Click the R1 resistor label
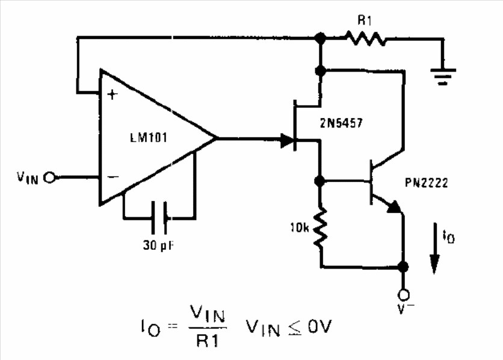(365, 20)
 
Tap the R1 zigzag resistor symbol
(366, 39)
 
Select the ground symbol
(443, 76)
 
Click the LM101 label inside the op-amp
(149, 138)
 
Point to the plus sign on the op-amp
(113, 95)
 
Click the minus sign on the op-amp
(113, 176)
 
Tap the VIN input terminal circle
(50, 177)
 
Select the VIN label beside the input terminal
(27, 178)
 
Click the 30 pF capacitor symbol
(159, 217)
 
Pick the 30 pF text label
(158, 246)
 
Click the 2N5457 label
(341, 123)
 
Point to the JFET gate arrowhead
(287, 140)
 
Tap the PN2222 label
(427, 182)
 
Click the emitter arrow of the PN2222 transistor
(395, 206)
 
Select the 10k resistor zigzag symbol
(321, 228)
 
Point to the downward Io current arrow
(434, 249)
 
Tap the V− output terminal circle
(403, 294)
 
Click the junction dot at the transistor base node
(319, 181)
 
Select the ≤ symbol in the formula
(295, 328)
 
